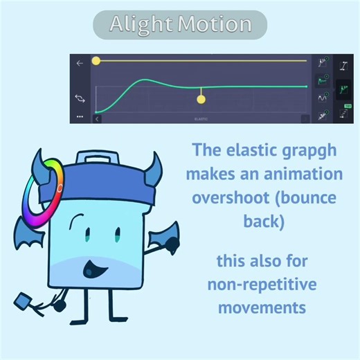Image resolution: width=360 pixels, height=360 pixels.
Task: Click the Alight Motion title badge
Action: click(179, 25)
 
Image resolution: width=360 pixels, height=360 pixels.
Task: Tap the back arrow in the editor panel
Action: click(80, 63)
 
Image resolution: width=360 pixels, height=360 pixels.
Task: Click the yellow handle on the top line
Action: click(96, 61)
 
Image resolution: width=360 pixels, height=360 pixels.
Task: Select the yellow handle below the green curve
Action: click(201, 100)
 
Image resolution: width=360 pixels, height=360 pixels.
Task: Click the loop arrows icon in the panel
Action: click(80, 99)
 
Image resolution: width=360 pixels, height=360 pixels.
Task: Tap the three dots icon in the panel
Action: click(80, 117)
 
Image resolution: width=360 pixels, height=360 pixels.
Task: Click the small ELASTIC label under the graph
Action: click(201, 118)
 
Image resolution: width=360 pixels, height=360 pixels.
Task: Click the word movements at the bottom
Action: click(261, 307)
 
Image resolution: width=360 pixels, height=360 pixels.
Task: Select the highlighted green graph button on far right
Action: click(343, 89)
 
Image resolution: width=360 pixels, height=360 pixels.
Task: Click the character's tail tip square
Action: click(22, 301)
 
